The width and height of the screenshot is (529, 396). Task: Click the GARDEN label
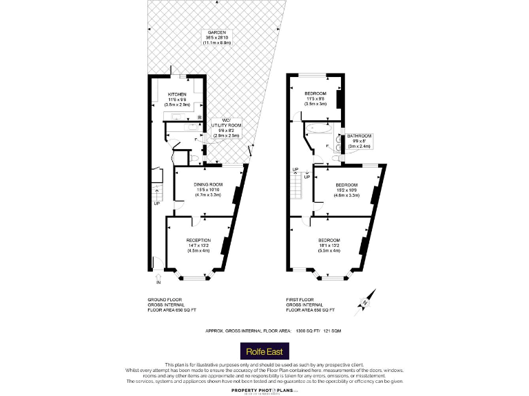tap(217, 33)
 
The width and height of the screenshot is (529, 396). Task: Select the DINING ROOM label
tap(207, 184)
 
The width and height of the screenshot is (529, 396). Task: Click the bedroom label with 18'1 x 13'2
tap(329, 240)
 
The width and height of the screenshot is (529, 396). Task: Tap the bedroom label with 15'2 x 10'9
tap(346, 185)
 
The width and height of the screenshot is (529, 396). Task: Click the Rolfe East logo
tap(264, 351)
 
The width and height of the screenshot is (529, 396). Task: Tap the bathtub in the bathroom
tap(318, 129)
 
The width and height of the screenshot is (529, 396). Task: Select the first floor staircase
tap(298, 188)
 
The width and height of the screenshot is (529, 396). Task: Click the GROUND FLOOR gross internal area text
tap(172, 305)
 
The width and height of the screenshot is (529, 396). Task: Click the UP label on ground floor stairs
tap(156, 203)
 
